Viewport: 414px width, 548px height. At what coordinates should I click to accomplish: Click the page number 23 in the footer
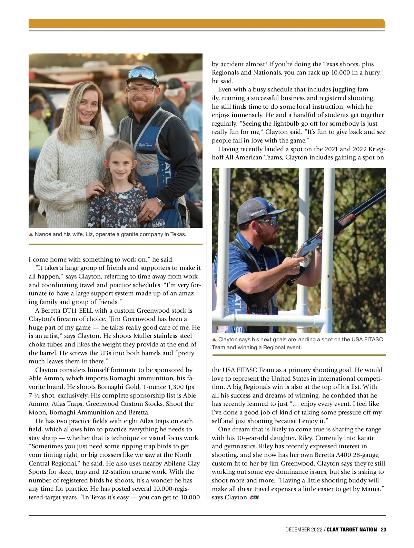[383, 530]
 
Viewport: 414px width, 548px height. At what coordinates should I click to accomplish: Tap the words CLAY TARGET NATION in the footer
[352, 530]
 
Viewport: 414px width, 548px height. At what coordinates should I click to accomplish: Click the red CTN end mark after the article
[254, 498]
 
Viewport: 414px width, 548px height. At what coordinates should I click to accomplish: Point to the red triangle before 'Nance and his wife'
[31, 234]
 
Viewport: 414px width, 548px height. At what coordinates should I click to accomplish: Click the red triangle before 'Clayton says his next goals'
[214, 340]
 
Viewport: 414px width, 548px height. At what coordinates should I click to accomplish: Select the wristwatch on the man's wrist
[161, 202]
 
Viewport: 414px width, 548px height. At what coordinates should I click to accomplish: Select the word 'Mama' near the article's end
[373, 489]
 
